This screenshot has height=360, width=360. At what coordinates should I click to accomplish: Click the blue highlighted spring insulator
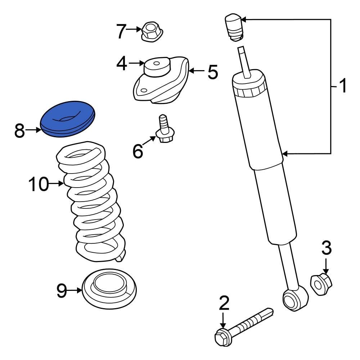(68, 119)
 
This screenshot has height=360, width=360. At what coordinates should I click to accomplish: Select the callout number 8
(20, 131)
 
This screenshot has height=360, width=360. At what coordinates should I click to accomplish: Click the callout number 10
(38, 184)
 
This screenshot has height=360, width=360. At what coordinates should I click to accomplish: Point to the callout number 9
(62, 291)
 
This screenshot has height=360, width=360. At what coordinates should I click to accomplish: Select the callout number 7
(122, 32)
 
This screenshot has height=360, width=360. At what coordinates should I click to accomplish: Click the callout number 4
(122, 64)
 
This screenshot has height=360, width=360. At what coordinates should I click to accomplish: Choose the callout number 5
(212, 72)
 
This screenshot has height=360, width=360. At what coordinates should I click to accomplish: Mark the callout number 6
(138, 151)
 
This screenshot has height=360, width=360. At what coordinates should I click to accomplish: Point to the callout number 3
(326, 248)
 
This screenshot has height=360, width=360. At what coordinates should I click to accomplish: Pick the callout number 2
(224, 303)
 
